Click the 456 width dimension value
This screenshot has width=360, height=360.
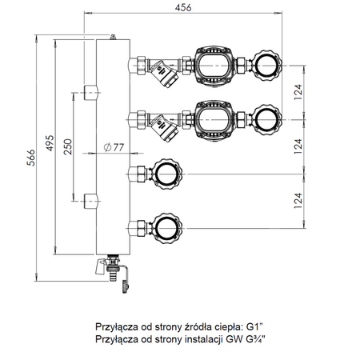183,7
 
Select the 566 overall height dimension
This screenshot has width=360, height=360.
31,158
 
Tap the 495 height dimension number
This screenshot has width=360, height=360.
50,143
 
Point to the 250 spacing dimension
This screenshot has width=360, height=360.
68,146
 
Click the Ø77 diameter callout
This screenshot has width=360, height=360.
114,147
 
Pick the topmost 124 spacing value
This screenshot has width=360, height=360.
298,92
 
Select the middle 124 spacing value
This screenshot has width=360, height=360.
298,146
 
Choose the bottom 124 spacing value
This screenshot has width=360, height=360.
298,201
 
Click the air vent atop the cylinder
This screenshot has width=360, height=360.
113,37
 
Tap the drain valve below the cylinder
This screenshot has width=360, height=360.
113,270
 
